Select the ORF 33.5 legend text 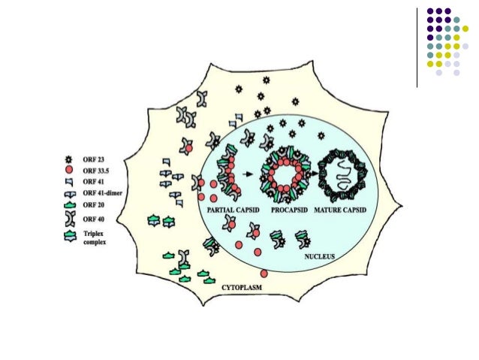[x=95, y=171]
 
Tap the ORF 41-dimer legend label [x=100, y=192]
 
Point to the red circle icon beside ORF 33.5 [x=70, y=171]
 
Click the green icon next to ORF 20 [x=70, y=204]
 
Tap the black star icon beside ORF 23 [x=70, y=160]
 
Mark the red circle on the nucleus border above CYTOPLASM [x=264, y=274]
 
